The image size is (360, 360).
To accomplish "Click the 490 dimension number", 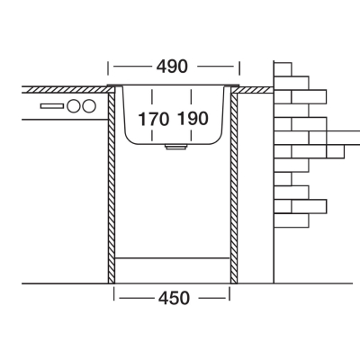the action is (172, 67).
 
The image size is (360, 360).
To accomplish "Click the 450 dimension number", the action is (174, 298).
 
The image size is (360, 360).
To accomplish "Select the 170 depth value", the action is (153, 119).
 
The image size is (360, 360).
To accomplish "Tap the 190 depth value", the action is (193, 119).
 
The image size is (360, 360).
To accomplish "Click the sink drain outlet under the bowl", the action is (176, 147).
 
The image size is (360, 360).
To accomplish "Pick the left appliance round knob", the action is (74, 106).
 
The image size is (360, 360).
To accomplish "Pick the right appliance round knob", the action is (89, 106).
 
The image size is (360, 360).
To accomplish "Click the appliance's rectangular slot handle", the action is (52, 106).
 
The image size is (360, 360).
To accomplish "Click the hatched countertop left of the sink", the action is (66, 90).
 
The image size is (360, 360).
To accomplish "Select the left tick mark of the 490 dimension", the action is (108, 68).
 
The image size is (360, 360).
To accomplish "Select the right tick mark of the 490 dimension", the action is (239, 68).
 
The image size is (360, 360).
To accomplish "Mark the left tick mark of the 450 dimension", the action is (114, 293).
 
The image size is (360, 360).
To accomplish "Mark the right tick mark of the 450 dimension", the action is (229, 293).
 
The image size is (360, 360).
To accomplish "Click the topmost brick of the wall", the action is (283, 69).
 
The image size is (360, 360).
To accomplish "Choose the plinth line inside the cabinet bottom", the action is (173, 257).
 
